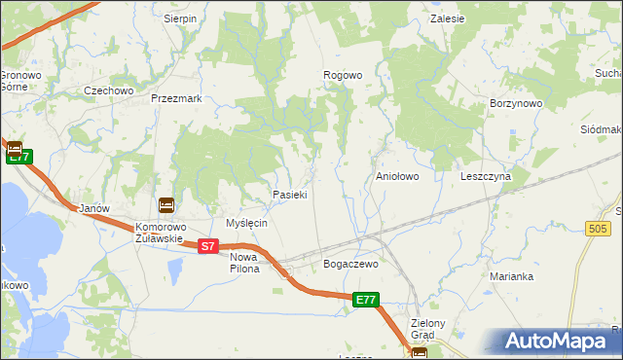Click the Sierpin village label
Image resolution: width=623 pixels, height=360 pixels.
point(180,18)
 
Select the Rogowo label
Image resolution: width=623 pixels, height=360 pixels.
point(343,75)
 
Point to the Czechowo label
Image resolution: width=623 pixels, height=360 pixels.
point(108,90)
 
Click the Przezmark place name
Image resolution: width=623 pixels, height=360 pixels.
point(176,98)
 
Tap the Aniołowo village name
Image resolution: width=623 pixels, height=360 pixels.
point(397,177)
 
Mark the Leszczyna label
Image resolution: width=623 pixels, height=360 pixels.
point(486,177)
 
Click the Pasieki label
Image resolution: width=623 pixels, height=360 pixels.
point(290,195)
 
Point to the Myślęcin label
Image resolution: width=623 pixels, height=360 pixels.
point(246,223)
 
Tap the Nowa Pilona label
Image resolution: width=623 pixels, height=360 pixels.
point(244,263)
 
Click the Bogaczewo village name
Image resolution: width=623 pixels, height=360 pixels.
point(349,264)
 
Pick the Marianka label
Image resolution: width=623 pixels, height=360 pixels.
point(512,276)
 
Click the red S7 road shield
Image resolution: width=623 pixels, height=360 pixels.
point(207,247)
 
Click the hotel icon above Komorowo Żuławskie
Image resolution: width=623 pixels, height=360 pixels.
point(166,205)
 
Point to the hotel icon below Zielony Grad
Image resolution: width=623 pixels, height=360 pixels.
point(420,353)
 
